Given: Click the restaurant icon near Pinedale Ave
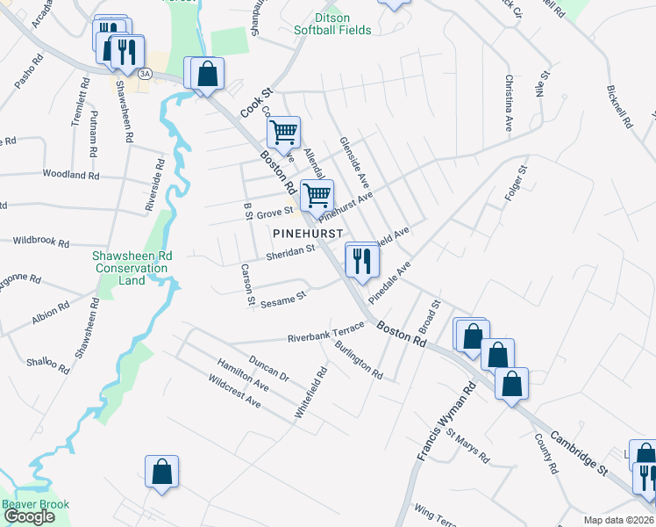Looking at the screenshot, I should coord(360,260).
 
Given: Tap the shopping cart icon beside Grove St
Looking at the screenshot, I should coord(317,197).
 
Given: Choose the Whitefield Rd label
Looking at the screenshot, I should coord(312,392).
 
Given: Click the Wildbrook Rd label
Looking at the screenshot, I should coord(41,240).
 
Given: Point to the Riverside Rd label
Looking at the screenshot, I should coord(157,185).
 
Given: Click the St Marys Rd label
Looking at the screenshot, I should coord(467,445).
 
